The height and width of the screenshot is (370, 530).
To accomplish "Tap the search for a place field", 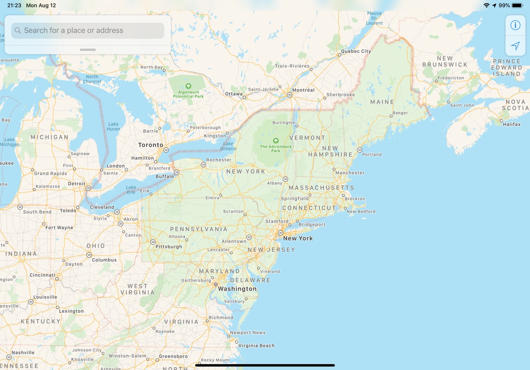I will pos(87,31).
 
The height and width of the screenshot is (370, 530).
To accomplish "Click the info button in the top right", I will pos(515,25).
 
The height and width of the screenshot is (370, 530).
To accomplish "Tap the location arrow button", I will pos(515,46).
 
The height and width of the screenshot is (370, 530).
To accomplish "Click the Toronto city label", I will pos(150,145).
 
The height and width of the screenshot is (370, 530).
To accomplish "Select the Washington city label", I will pos(237,289).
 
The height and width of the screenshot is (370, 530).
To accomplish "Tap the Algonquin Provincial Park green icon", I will pos(188,86).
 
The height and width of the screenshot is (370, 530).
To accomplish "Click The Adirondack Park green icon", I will pos(276,141).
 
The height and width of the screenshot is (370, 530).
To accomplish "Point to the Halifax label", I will pos(512,124).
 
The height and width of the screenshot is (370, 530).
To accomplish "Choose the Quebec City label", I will pos(356,51).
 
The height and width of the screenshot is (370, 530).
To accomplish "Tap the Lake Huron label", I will pos(114,126).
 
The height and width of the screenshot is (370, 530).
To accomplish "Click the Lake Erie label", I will pos(131,189).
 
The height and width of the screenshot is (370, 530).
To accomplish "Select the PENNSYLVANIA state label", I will pos(198,229).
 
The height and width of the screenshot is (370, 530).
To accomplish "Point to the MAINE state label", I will pos(382,102).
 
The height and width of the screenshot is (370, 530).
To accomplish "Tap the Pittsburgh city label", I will pos(169,247).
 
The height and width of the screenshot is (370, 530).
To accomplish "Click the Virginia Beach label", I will pos(257,346).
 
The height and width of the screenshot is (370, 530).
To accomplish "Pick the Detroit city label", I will pos(77,183).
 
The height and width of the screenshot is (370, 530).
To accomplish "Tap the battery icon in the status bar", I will pos(517,5).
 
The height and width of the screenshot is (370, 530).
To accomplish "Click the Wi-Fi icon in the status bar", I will pos(486,5).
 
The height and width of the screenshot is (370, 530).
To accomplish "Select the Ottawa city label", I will pos(234,94).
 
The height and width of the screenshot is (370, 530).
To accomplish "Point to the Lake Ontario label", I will pos(228,146).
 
